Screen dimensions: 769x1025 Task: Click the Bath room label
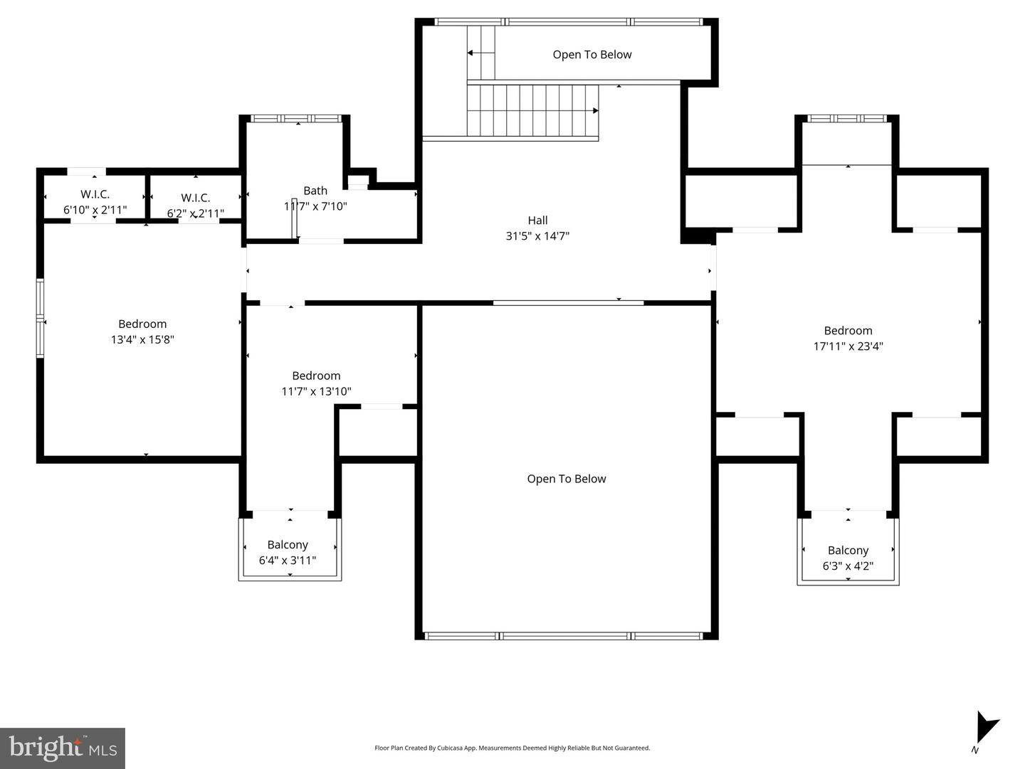pos(315,191)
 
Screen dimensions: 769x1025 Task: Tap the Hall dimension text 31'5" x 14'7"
pos(537,236)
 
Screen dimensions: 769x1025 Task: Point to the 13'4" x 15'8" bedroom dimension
pos(142,340)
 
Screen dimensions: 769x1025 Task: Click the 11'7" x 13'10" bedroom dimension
pos(316,391)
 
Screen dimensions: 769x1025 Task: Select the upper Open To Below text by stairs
pos(592,55)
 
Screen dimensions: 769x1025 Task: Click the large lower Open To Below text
pos(567,479)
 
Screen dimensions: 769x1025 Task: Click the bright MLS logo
pos(63,748)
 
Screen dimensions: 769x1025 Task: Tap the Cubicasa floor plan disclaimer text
pos(512,748)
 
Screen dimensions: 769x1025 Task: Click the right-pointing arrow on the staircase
pos(594,110)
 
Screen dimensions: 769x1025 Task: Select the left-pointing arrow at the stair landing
pos(471,53)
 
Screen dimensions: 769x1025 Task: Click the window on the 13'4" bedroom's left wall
pos(41,318)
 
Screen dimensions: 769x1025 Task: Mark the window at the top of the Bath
pos(298,118)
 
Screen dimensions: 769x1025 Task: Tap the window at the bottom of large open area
pos(567,635)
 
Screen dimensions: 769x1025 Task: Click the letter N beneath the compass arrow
pos(974,750)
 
